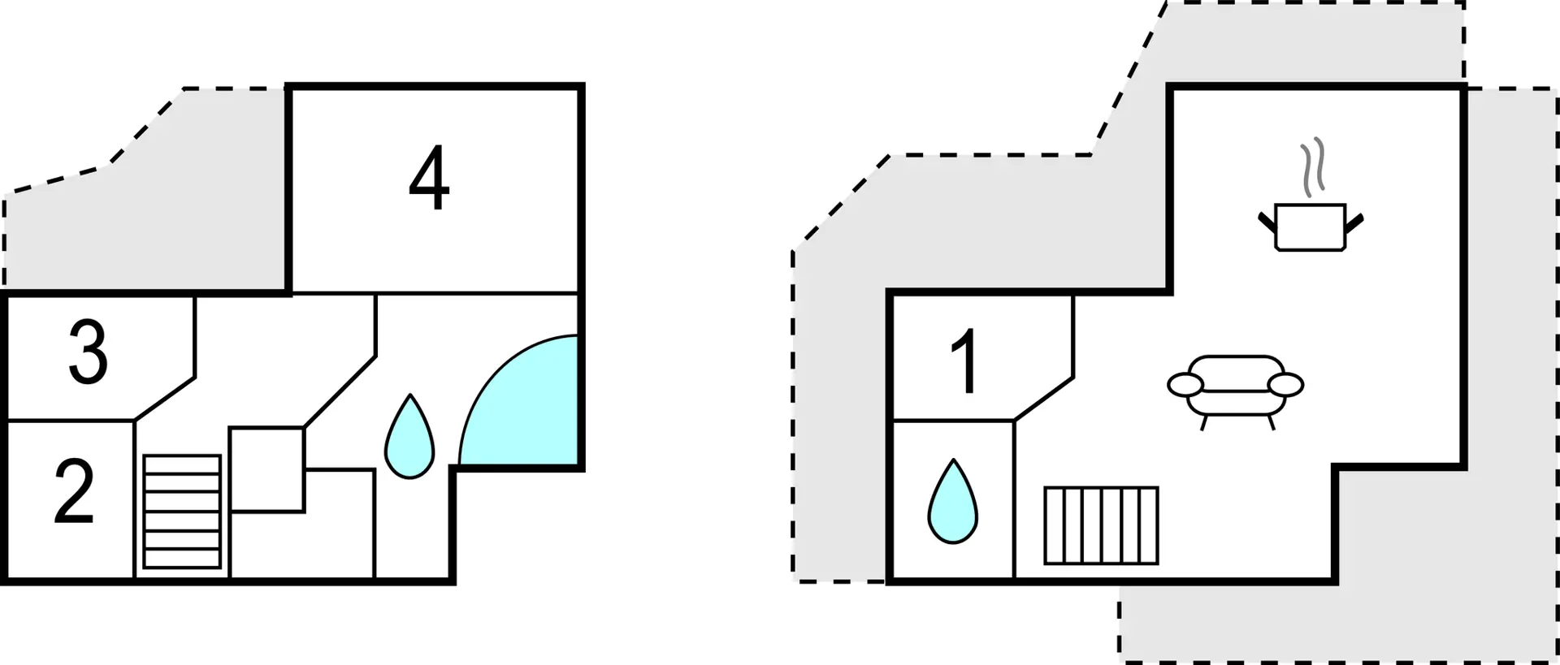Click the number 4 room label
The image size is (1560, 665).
[x=429, y=178]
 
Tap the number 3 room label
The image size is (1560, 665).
[x=89, y=352]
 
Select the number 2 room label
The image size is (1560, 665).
[x=74, y=491]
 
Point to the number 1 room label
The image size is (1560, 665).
[x=965, y=361]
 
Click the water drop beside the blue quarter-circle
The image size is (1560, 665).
[x=409, y=437]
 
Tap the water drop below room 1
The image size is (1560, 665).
[x=952, y=501]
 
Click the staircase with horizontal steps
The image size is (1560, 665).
[x=182, y=512]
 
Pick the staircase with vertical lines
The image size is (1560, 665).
[x=1101, y=525]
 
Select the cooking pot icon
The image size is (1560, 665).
[x=1311, y=227]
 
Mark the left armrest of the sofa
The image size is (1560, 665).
[x=1186, y=384]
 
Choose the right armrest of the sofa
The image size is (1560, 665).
[x=1285, y=384]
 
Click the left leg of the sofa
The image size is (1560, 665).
[x=1203, y=422]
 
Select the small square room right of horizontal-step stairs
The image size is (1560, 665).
[x=267, y=469]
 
